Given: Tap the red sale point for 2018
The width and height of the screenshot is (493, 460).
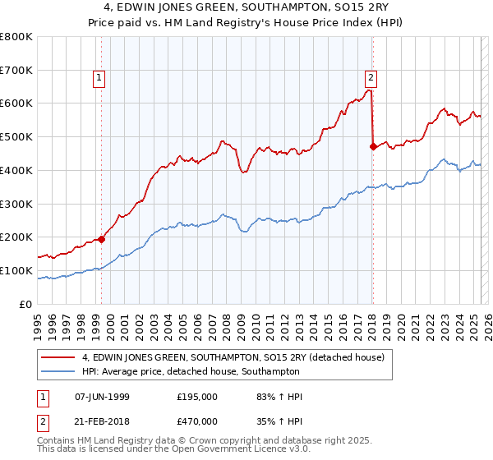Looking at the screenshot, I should (373, 147).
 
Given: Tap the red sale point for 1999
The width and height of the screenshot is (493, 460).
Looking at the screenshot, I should (102, 239).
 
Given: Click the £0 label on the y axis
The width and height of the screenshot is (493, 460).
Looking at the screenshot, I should (27, 304).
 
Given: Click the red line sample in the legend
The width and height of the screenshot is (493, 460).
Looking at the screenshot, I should (58, 357).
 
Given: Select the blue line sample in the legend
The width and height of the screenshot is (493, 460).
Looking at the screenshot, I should (58, 371).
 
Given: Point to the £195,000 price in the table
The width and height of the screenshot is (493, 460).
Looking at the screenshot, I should (196, 397).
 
